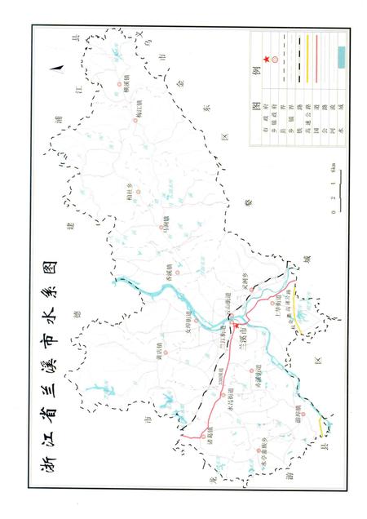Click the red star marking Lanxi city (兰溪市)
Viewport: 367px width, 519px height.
[237, 326]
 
